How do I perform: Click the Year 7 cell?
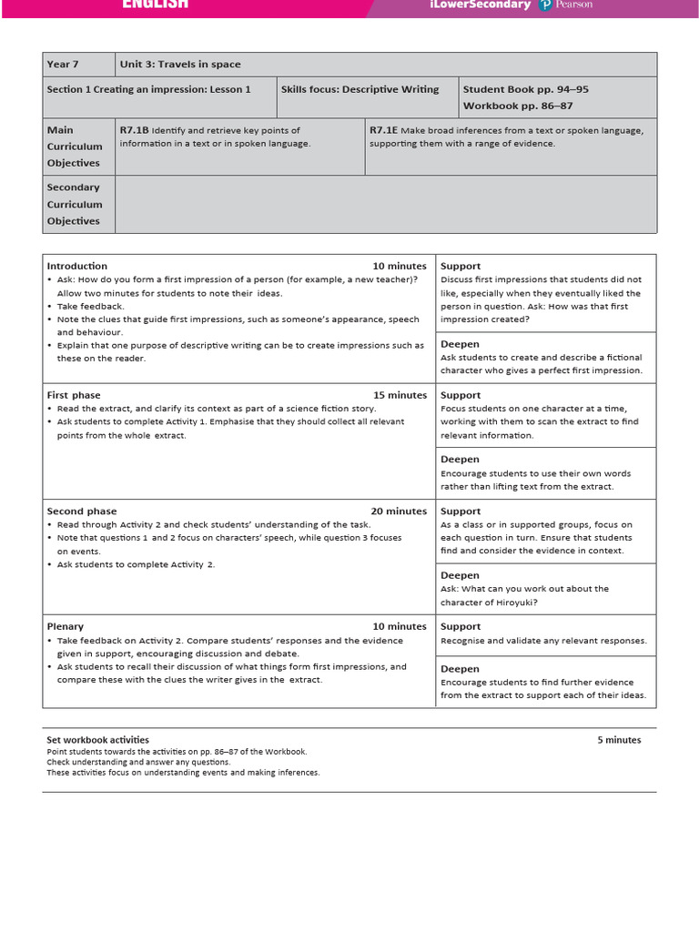63,65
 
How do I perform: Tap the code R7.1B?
134,130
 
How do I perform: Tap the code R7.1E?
383,130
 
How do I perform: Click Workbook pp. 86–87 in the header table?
518,106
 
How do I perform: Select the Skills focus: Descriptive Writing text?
360,89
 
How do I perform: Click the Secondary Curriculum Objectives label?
74,204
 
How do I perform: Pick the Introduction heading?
76,266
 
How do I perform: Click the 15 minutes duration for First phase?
400,395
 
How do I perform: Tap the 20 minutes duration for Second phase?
399,512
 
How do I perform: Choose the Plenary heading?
65,626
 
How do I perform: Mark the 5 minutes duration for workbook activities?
619,740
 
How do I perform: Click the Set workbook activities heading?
97,740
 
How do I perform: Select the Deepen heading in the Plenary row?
460,669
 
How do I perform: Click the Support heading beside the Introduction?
461,266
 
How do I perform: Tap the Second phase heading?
81,512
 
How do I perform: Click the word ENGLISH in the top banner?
156,5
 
